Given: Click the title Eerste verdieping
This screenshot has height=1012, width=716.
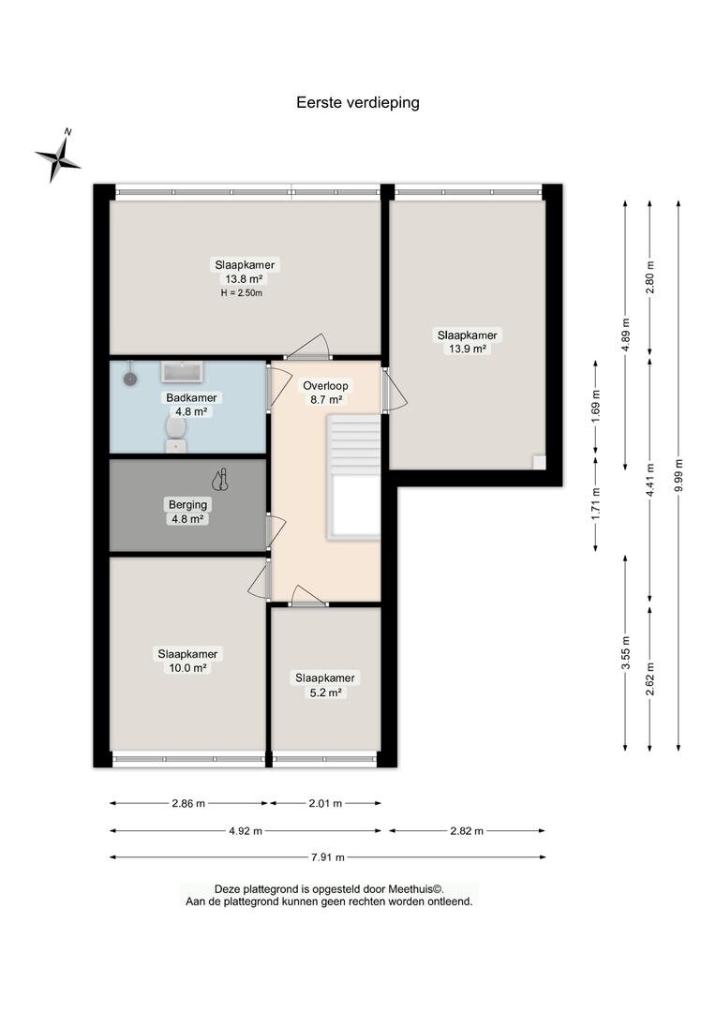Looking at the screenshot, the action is coord(358,103).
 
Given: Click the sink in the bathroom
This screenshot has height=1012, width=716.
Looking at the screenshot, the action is coord(183,371).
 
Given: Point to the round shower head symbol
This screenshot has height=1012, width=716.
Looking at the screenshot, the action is coord(131,379).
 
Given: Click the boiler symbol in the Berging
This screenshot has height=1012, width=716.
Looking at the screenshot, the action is coord(221,479).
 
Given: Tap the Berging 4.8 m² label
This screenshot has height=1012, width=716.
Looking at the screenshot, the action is coord(187,512).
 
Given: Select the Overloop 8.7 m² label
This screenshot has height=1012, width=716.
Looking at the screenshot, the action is coord(325,393).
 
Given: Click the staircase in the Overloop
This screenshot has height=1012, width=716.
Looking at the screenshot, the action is coord(354,476).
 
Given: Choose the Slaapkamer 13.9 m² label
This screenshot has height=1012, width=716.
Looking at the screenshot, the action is coord(468,342).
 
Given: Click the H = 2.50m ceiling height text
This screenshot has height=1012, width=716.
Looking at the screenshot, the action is coord(242,293).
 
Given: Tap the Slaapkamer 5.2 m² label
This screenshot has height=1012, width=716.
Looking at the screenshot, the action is coord(325,685).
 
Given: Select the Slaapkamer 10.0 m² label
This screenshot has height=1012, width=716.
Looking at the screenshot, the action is coord(187,661).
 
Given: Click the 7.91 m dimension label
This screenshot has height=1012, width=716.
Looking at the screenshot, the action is coord(328,857).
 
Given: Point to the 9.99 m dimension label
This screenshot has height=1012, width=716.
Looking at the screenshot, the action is coord(679,475).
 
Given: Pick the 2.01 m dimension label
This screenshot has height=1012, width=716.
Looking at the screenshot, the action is coord(325,804).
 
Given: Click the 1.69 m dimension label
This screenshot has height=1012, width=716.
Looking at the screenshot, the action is coord(596,403).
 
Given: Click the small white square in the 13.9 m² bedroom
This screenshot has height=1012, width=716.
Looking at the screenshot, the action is coord(539,462).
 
